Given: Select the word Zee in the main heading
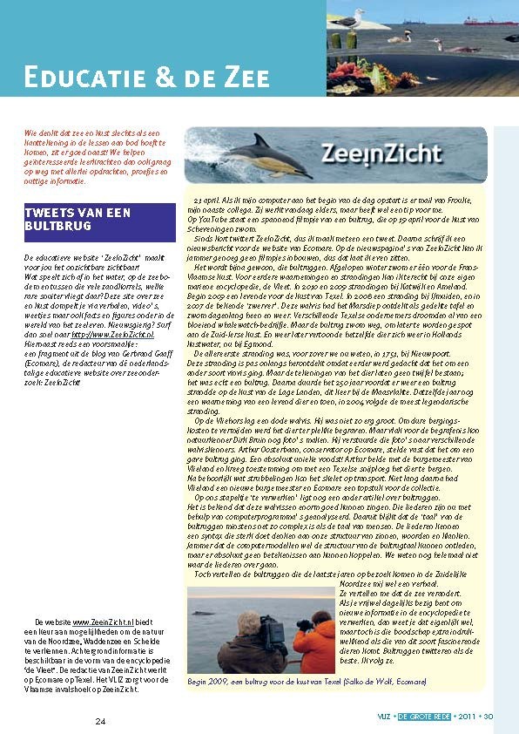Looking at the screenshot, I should (230, 77).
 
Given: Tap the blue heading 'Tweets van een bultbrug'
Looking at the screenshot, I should (78, 220).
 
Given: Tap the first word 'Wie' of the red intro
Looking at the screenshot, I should (30, 131).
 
